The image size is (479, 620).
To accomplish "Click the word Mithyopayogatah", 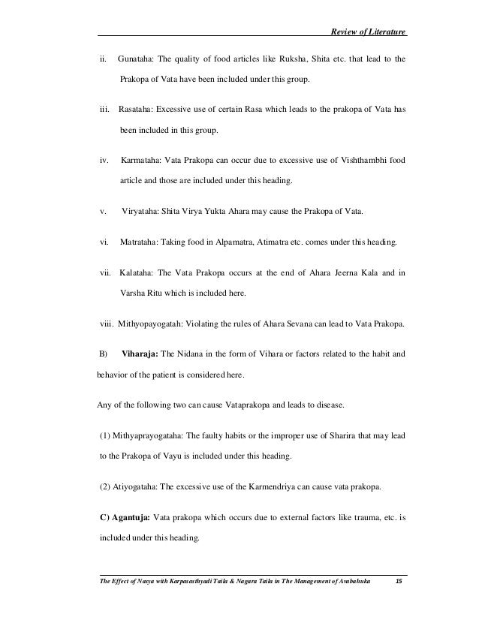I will [148, 324].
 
